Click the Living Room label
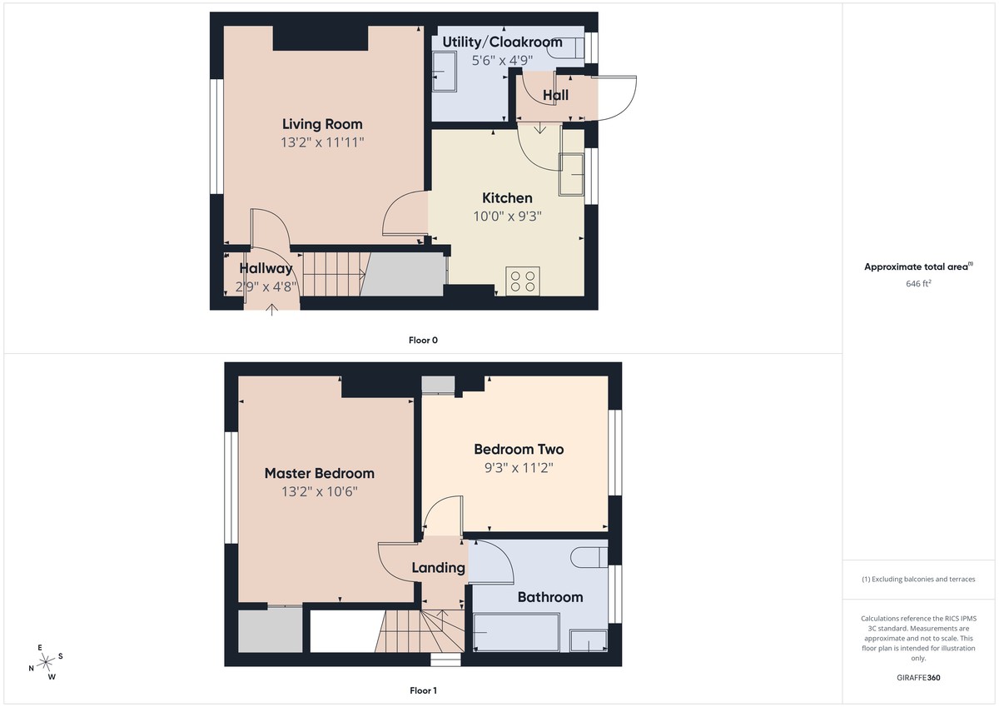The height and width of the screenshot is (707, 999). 322,124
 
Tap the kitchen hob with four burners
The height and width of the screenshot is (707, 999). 524,280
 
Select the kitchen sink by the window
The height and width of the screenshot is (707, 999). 571,173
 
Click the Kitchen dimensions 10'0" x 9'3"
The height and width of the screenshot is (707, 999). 507,215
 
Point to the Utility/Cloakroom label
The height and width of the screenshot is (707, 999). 502,42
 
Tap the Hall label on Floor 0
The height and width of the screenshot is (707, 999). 555,95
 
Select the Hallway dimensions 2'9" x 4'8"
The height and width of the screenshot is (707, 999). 266,286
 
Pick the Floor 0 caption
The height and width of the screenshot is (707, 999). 423,340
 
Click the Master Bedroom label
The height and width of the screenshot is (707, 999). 319,473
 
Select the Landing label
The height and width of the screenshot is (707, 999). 438,568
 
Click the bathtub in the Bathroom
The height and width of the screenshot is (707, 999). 516,633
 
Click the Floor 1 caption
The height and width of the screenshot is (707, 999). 423,690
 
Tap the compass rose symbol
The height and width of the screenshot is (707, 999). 45,662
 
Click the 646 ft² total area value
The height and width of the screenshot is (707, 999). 918,283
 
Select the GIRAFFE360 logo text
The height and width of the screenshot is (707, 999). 918,678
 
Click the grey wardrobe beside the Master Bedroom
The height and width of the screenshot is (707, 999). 271,631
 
